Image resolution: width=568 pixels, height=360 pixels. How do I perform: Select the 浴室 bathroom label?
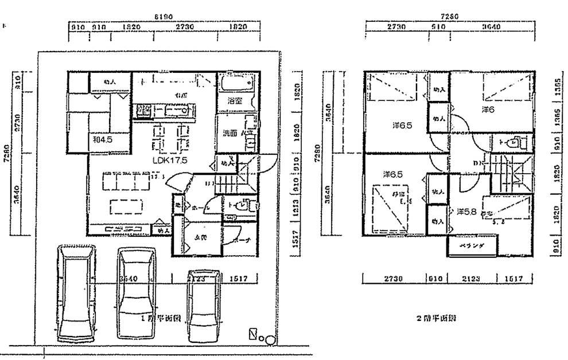pyautogui.click(x=234, y=100)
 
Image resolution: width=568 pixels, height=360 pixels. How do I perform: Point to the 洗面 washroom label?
pyautogui.click(x=230, y=133)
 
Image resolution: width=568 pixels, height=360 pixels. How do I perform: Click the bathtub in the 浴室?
pyautogui.click(x=235, y=84)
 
